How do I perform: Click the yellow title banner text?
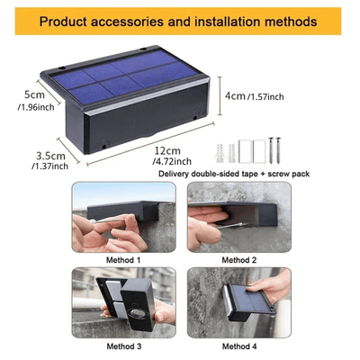click(178, 22)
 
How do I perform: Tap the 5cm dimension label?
click(34, 94)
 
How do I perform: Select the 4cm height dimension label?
click(235, 96)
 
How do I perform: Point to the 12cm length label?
click(167, 150)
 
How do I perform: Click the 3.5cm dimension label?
click(50, 156)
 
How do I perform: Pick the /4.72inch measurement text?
click(172, 161)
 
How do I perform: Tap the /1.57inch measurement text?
click(265, 96)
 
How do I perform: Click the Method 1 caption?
click(123, 260)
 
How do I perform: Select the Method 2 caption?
click(239, 260)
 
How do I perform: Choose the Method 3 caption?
click(124, 346)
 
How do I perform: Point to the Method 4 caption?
click(239, 346)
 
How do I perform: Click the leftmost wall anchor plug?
click(220, 153)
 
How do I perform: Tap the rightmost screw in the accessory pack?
click(278, 150)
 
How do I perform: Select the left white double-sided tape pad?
click(245, 151)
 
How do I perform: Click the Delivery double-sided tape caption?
click(234, 174)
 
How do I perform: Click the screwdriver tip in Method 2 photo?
click(247, 224)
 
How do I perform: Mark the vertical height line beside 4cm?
click(220, 96)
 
